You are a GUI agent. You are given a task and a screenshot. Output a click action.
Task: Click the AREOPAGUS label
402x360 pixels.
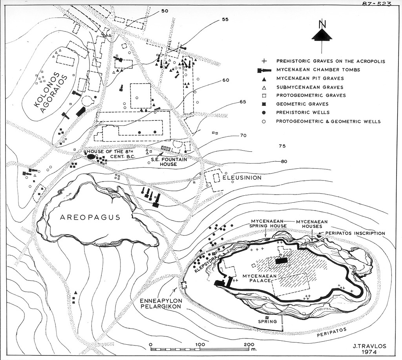[90, 217]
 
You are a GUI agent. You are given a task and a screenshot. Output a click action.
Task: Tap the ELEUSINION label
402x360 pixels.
[242, 177]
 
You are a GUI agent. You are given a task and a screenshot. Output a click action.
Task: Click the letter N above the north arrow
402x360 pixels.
[322, 24]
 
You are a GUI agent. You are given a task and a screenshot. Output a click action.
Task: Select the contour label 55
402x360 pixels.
[225, 20]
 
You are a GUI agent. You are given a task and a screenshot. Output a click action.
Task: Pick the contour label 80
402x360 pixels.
[284, 161]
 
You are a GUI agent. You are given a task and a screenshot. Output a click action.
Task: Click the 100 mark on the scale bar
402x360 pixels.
[200, 344]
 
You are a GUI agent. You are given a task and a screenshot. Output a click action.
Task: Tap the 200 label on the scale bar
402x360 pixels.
[249, 344]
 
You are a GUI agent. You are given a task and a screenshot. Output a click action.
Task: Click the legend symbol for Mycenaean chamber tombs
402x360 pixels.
[264, 70]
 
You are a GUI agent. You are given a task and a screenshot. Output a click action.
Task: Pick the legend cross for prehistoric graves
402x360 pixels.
[264, 61]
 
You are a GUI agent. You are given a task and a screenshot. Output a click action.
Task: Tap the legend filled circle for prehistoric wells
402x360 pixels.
[264, 113]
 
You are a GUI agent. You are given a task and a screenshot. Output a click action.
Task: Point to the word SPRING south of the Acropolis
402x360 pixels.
[268, 321]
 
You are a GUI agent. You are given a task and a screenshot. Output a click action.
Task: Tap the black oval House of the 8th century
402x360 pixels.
[91, 156]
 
